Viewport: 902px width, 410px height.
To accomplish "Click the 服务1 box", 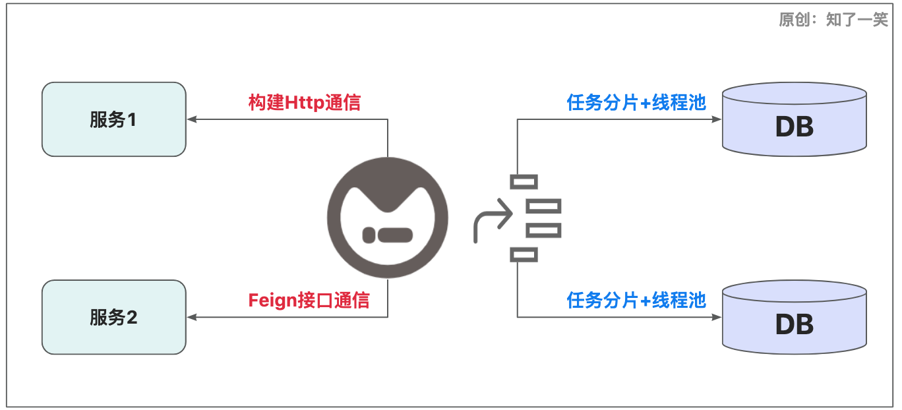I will (113, 119).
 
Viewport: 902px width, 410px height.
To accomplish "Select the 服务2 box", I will (113, 317).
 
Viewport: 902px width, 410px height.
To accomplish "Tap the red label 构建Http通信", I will (304, 103).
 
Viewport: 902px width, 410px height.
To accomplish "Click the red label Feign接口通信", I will (309, 301).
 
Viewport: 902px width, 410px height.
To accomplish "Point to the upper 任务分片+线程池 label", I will (636, 103).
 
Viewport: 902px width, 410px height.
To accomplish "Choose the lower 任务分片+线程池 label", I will (636, 301).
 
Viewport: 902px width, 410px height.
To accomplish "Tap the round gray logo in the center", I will (388, 218).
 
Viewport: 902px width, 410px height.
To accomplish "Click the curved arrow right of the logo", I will (492, 221).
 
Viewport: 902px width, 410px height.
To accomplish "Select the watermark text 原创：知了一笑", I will (833, 20).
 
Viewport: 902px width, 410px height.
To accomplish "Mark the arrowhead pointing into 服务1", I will (192, 119).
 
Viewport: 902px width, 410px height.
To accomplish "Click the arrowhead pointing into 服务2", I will (192, 317).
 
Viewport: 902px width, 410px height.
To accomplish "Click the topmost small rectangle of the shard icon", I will (524, 182).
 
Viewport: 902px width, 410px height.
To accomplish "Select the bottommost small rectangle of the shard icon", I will (524, 254).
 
